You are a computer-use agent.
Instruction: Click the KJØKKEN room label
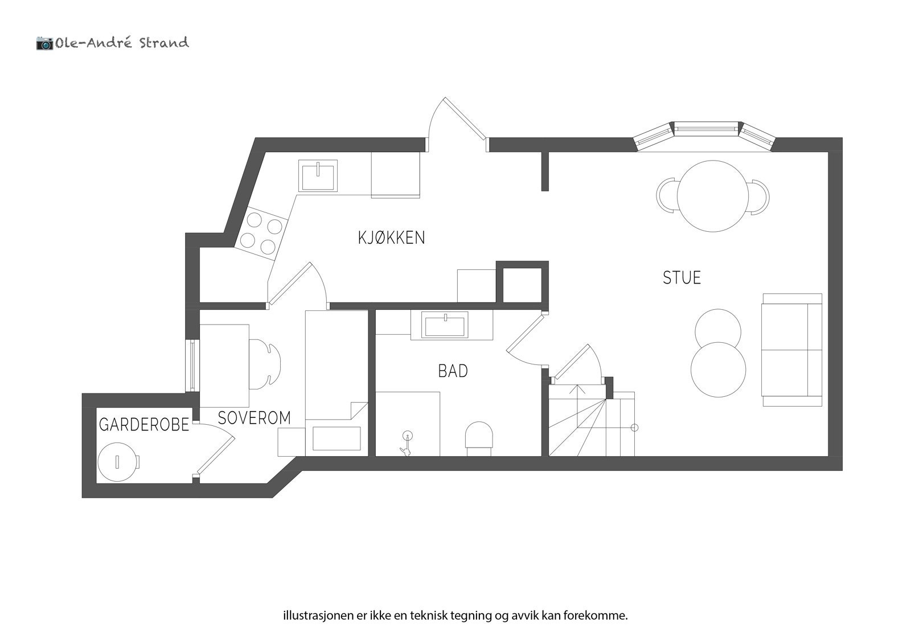[391, 237]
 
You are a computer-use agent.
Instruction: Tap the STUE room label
[682, 278]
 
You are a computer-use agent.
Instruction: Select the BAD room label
[453, 371]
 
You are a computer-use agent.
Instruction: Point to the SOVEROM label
[254, 418]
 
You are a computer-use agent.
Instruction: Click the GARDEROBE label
[143, 425]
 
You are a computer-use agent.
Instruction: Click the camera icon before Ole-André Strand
[44, 43]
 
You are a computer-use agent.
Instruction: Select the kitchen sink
[319, 176]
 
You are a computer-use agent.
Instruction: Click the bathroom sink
[445, 325]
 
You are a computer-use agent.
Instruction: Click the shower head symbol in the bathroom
[407, 442]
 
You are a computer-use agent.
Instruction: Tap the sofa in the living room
[791, 350]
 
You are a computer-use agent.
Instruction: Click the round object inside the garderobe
[118, 461]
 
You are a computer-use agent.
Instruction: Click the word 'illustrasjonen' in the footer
[311, 616]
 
